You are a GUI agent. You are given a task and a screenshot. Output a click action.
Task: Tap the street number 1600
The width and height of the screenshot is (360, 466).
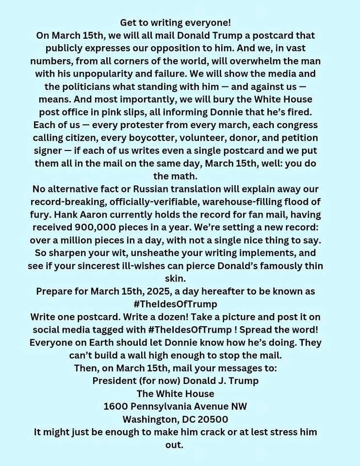[115, 406]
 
